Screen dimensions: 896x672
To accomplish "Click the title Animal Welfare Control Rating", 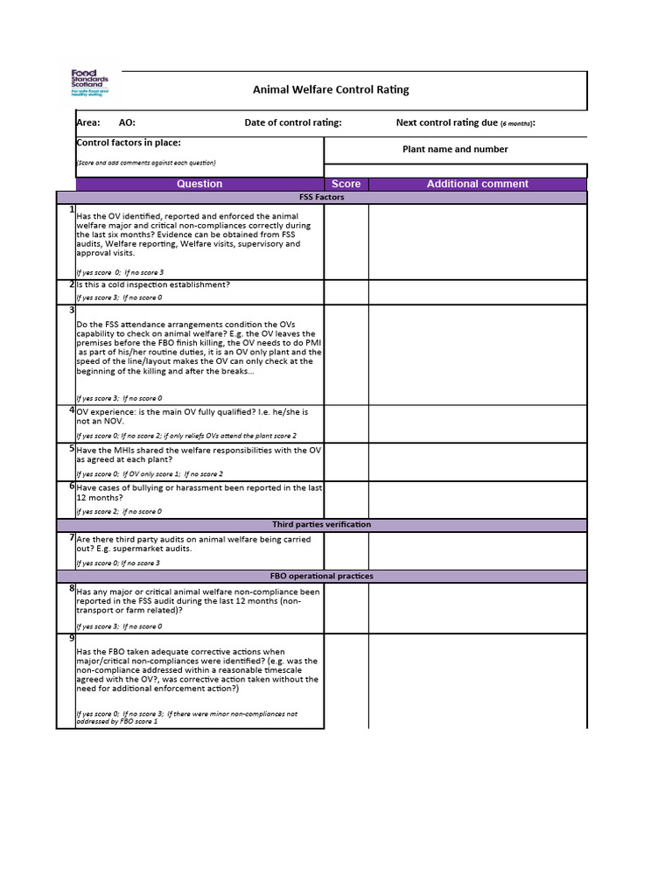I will tap(331, 89).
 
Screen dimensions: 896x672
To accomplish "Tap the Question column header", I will tap(199, 184).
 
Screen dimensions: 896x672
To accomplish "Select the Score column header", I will tap(346, 184).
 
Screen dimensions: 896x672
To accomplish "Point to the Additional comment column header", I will tap(477, 184).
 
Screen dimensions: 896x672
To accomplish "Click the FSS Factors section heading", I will tap(321, 197).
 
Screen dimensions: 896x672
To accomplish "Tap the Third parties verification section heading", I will tap(321, 524).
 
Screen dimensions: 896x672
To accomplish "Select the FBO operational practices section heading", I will tap(321, 576).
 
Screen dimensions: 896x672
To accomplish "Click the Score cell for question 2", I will tap(346, 291).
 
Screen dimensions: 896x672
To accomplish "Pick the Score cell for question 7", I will tap(346, 550).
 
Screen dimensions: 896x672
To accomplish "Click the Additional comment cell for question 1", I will tap(477, 241).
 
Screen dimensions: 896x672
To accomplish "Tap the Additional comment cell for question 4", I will tap(477, 423).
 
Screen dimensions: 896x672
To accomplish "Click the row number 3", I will tap(71, 310).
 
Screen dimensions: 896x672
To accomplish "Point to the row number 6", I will tap(71, 486).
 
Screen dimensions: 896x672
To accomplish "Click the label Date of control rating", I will tap(293, 122).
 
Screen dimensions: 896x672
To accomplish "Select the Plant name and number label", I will tap(455, 149).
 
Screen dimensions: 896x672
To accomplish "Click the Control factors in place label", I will tap(129, 143).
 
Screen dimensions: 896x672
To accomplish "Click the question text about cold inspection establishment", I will tap(153, 284).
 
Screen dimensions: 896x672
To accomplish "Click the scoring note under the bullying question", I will tap(119, 511).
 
